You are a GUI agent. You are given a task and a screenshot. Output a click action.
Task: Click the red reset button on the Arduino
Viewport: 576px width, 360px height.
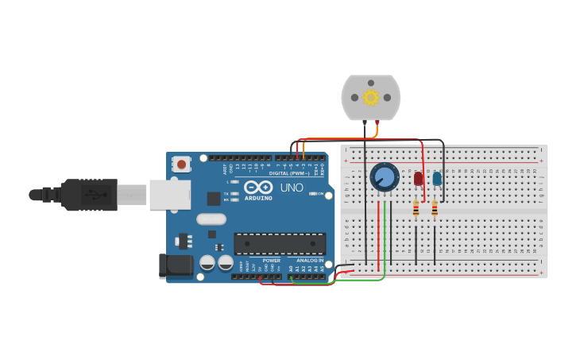pos(182,165)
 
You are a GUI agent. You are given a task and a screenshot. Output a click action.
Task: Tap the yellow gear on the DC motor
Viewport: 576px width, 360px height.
pos(370,97)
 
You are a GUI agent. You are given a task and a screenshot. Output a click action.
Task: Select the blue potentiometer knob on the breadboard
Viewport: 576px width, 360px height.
pos(384,177)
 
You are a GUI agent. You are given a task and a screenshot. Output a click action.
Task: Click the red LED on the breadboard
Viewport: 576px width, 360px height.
pos(419,179)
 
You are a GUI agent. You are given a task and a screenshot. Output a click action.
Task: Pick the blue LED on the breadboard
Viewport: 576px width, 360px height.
pos(437,179)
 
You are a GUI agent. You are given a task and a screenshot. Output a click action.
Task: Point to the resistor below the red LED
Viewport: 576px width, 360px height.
pos(416,208)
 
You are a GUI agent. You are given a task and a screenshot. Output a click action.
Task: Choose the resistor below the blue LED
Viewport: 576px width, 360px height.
pos(435,208)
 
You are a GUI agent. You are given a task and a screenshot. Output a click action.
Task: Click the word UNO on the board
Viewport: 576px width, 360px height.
pos(292,188)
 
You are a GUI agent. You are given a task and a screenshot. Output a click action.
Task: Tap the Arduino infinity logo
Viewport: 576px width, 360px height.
pos(258,187)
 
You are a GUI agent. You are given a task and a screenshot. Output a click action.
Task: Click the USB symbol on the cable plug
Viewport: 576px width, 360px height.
pos(92,194)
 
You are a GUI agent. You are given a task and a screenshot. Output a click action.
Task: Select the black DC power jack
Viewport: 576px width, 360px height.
pos(176,266)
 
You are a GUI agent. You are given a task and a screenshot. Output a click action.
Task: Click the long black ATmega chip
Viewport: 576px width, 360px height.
pos(280,243)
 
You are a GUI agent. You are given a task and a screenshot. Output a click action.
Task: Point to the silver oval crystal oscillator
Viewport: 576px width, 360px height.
pos(211,219)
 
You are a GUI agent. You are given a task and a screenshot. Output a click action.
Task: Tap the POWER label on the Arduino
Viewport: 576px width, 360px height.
pos(271,260)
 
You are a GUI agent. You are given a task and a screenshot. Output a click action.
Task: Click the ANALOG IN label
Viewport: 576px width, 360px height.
pos(310,260)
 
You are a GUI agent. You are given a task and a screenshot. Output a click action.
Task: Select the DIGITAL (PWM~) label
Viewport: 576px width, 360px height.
pos(289,173)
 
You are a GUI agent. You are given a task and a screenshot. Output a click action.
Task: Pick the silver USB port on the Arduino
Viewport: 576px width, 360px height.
pos(170,194)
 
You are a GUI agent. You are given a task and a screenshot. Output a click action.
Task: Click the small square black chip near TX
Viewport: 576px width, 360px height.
pos(214,198)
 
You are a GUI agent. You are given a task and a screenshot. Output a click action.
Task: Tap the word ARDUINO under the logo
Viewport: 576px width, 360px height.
pos(258,198)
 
